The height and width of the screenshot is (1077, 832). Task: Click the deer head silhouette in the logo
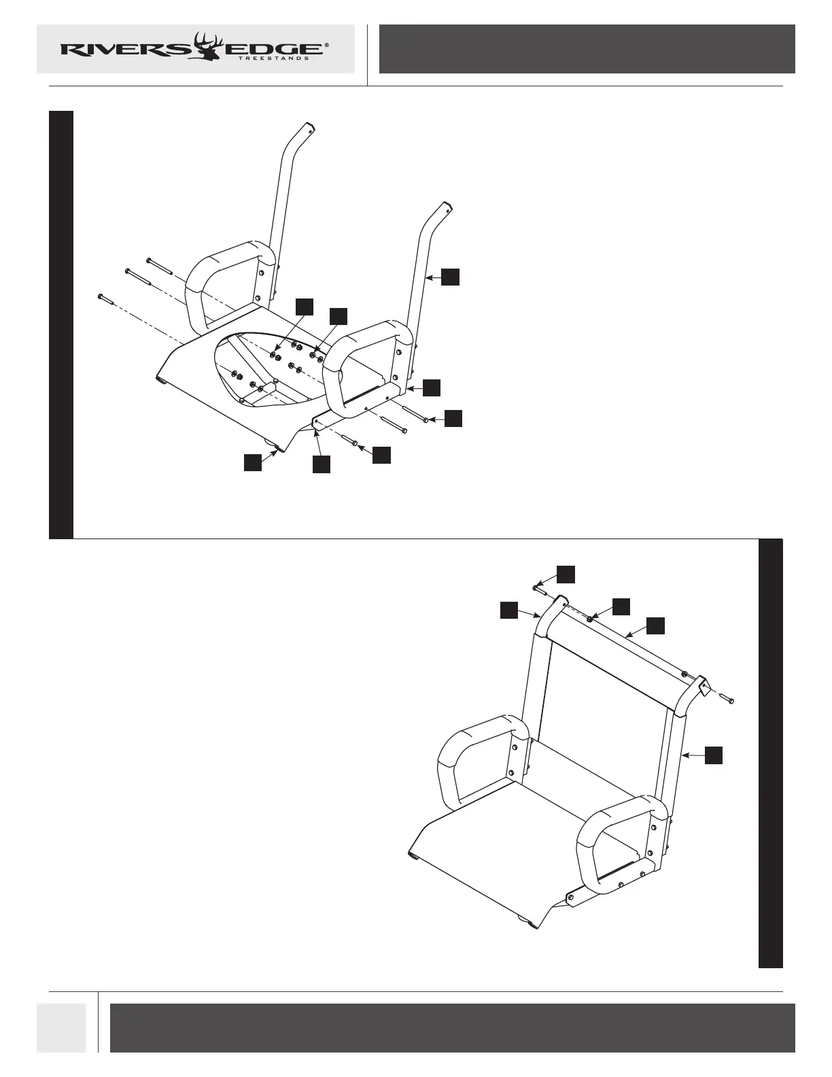pyautogui.click(x=208, y=48)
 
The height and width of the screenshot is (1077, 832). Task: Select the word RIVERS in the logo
pyautogui.click(x=126, y=49)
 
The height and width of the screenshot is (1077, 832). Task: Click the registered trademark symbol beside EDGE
pyautogui.click(x=327, y=45)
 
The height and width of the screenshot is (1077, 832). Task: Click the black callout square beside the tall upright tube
pyautogui.click(x=450, y=277)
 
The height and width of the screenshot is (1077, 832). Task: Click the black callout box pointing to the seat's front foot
pyautogui.click(x=253, y=462)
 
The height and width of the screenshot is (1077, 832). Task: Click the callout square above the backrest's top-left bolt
pyautogui.click(x=566, y=573)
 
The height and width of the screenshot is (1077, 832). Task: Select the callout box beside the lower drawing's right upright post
pyautogui.click(x=713, y=755)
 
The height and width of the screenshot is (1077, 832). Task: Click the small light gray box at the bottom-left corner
pyautogui.click(x=61, y=1027)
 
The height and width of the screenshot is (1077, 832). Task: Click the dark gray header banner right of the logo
pyautogui.click(x=587, y=49)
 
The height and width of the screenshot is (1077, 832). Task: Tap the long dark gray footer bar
pyautogui.click(x=452, y=1027)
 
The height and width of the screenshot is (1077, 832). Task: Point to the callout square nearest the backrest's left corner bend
pyautogui.click(x=509, y=610)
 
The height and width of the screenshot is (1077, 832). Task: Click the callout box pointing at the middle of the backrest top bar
pyautogui.click(x=655, y=626)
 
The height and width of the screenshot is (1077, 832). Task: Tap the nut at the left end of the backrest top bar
pyautogui.click(x=590, y=618)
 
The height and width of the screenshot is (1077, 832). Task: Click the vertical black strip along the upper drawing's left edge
pyautogui.click(x=61, y=324)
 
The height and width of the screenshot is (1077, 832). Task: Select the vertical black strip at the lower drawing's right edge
pyautogui.click(x=770, y=753)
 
